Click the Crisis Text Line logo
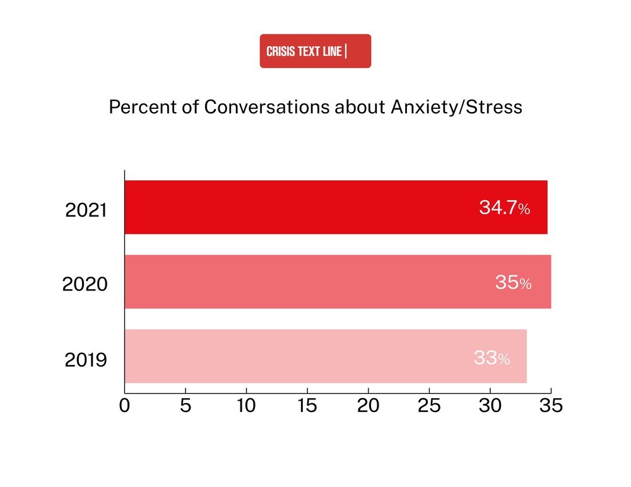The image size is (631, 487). click(315, 51)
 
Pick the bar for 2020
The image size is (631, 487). click(338, 282)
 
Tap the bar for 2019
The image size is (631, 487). click(326, 356)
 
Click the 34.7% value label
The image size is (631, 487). click(504, 208)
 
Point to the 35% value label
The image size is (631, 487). click(513, 282)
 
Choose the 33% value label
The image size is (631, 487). click(492, 358)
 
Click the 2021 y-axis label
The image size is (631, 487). click(86, 210)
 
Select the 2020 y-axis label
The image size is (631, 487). click(85, 284)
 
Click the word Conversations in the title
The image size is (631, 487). click(266, 107)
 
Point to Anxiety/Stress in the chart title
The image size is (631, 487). click(456, 108)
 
